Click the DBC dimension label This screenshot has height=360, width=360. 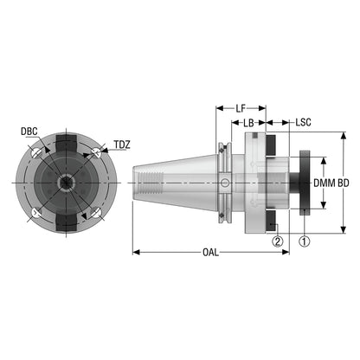pos(29,132)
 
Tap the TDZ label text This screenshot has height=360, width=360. pos(122,145)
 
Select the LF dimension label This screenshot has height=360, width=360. pos(241,108)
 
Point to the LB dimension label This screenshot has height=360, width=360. pos(248,123)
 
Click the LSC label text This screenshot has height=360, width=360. pos(303,122)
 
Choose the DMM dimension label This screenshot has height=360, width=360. pos(325,183)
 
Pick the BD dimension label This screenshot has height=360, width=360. pos(344,183)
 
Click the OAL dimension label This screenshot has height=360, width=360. pos(210,253)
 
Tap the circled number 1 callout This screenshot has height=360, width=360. pos(305,241)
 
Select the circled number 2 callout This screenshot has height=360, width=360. pos(278,241)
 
